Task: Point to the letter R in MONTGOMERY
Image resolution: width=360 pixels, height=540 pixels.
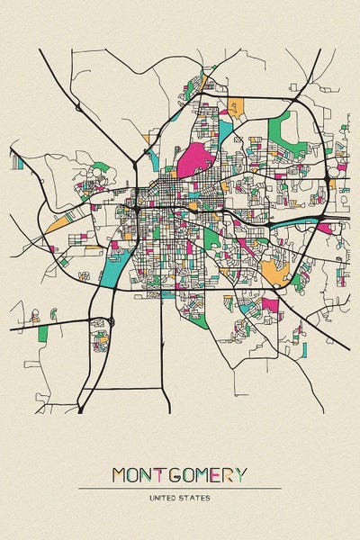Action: [x=229, y=474]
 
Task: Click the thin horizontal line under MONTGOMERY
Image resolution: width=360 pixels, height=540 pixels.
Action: [x=180, y=488]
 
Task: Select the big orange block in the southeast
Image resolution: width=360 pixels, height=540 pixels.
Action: [x=274, y=271]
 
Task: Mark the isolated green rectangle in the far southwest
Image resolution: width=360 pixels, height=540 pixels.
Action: [x=42, y=334]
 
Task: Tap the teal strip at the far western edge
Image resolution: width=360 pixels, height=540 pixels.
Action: [x=17, y=162]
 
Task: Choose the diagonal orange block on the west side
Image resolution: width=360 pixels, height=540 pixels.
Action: [x=58, y=221]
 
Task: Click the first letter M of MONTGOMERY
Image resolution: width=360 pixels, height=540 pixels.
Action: [x=120, y=474]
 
